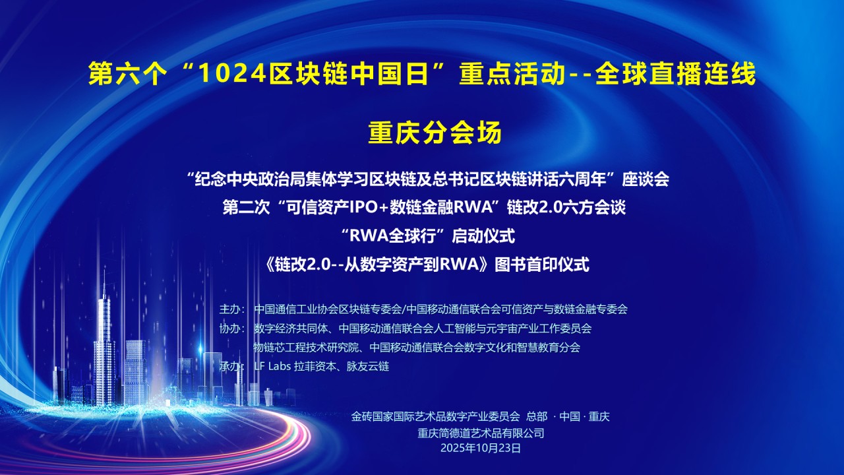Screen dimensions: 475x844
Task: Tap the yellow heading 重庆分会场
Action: [x=435, y=133]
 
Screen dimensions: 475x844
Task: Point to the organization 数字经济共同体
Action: [x=291, y=328]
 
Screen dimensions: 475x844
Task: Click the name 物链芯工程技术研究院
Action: [x=308, y=347]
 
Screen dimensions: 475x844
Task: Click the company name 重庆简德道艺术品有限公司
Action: [x=481, y=433]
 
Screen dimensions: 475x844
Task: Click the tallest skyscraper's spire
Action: [x=104, y=280]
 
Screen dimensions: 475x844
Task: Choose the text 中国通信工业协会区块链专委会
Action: [x=328, y=309]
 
